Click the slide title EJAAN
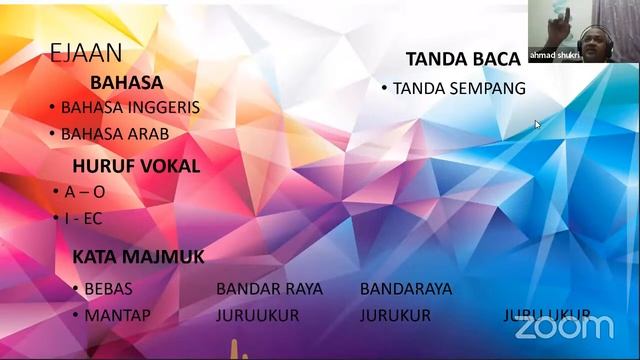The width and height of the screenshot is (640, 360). coord(85,54)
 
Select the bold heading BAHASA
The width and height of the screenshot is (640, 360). coord(126,83)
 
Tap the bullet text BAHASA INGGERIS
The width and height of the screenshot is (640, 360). coord(130,107)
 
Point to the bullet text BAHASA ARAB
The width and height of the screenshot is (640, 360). coord(114,133)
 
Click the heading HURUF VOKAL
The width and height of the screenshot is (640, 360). coord(136,165)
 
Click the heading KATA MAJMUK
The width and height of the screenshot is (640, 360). coord(138,257)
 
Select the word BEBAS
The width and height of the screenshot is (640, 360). coord(108,289)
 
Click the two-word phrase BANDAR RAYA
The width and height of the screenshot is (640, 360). coord(269,289)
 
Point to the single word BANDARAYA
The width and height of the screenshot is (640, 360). coord(406,289)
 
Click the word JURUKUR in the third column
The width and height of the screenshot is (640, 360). coord(395,315)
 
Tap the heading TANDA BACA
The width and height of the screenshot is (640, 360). coord(463,59)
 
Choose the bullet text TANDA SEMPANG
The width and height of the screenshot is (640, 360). coord(459,89)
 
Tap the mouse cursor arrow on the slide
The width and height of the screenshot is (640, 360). coord(537,124)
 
